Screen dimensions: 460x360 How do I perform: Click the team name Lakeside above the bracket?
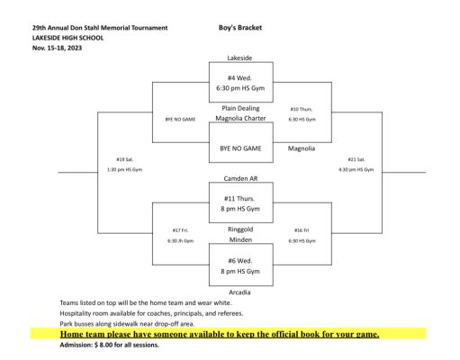[239, 58]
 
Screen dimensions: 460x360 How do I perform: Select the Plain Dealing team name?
[240, 108]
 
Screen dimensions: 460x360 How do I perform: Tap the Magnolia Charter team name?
[240, 118]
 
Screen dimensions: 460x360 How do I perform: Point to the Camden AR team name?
[240, 178]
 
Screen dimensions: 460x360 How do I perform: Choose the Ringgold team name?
[240, 229]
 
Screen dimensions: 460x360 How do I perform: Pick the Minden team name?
[240, 239]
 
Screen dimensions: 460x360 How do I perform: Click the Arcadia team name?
[239, 292]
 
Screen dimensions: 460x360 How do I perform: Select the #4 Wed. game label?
[239, 78]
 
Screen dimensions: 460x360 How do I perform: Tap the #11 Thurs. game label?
[239, 199]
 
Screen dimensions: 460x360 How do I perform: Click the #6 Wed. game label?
[240, 261]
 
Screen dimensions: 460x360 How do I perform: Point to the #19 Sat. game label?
[125, 159]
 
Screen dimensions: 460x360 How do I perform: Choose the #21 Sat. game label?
[356, 159]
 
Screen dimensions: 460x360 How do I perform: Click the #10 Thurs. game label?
[302, 109]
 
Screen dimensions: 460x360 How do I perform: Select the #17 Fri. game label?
[180, 230]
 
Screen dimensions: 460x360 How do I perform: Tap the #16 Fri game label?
[302, 230]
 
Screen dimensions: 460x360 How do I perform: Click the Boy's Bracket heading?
[240, 28]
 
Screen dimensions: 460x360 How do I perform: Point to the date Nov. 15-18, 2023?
[57, 48]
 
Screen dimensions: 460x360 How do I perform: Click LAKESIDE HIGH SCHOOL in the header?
[68, 38]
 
